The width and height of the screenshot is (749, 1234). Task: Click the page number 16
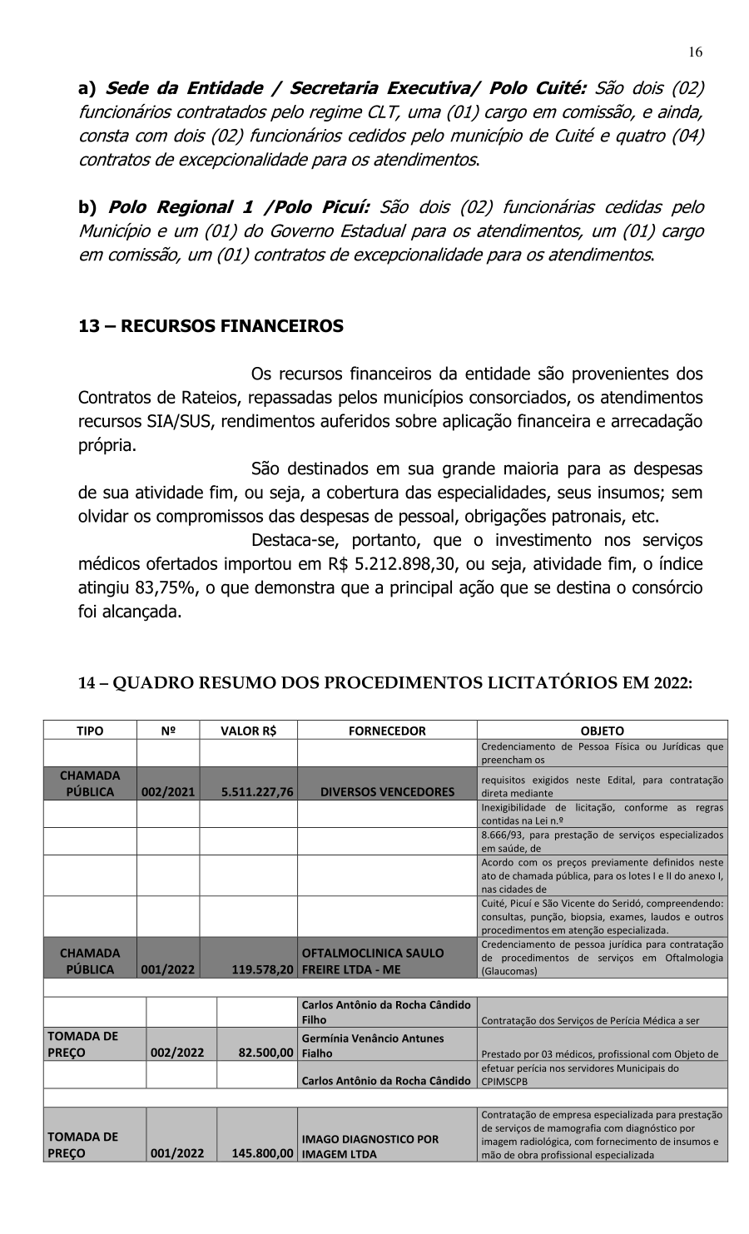click(695, 52)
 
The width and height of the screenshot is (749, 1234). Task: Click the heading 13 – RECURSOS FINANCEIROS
click(211, 326)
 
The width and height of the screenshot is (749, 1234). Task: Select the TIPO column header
click(90, 731)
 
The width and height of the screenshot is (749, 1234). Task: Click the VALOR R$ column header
click(248, 731)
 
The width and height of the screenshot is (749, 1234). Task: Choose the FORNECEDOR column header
click(387, 731)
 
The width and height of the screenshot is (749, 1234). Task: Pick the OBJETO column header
click(602, 731)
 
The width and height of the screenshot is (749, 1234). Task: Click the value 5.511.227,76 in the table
click(257, 792)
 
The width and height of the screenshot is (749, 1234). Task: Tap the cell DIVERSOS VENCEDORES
click(387, 792)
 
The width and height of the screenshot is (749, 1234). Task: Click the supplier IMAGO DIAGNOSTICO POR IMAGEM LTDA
click(370, 1147)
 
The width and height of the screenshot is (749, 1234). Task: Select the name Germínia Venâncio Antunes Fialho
click(373, 1045)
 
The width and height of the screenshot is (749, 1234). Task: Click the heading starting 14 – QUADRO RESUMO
click(384, 683)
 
